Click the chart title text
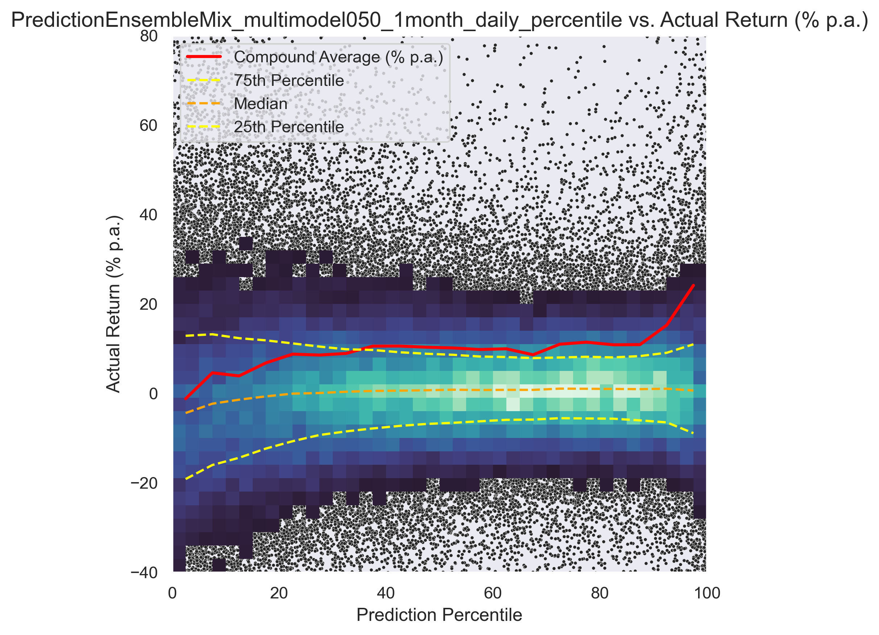(x=439, y=20)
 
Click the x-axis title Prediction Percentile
(x=439, y=614)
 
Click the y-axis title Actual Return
(x=113, y=304)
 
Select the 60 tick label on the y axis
(x=149, y=125)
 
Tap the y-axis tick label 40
(x=149, y=215)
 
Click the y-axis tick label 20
(x=149, y=304)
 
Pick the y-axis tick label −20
(x=145, y=483)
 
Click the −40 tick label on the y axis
(x=145, y=573)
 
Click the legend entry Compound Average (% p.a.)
(x=338, y=57)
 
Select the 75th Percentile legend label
(x=289, y=80)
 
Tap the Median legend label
(x=261, y=104)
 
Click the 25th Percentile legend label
(x=289, y=127)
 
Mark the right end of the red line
(x=693, y=285)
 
